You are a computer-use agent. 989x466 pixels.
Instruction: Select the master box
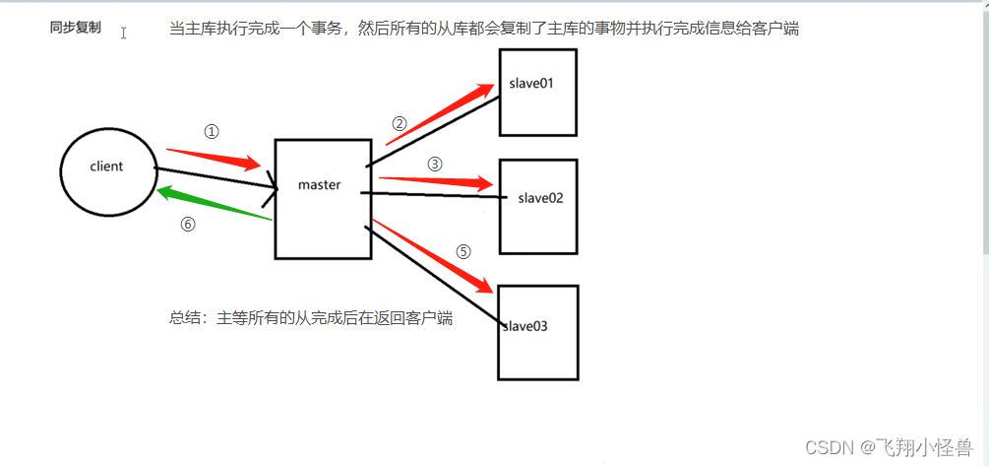pyautogui.click(x=323, y=198)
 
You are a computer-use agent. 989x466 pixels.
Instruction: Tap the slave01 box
pyautogui.click(x=536, y=92)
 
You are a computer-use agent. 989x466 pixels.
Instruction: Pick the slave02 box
pyautogui.click(x=537, y=206)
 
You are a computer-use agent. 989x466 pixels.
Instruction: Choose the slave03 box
pyautogui.click(x=536, y=332)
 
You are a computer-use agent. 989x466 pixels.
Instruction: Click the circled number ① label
pyautogui.click(x=211, y=131)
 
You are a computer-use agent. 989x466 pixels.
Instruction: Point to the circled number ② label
pyautogui.click(x=399, y=124)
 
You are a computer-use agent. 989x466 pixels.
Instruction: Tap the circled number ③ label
pyautogui.click(x=436, y=164)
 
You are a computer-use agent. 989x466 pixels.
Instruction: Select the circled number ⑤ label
pyautogui.click(x=464, y=251)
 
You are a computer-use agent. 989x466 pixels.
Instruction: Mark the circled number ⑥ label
pyautogui.click(x=188, y=224)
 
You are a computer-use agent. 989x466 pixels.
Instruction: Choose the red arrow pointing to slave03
pyautogui.click(x=433, y=256)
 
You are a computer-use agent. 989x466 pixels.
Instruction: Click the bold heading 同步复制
pyautogui.click(x=75, y=29)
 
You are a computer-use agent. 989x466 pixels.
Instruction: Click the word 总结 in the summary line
pyautogui.click(x=183, y=318)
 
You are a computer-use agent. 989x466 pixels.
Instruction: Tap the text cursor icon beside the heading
pyautogui.click(x=124, y=33)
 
